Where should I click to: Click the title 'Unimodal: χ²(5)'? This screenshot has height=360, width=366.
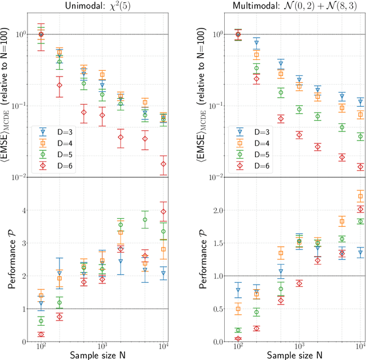click(103, 6)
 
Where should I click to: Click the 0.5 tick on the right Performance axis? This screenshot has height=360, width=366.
click(218, 309)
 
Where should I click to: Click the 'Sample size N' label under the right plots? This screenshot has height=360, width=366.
click(299, 355)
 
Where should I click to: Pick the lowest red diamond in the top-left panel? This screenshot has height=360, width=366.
click(164, 164)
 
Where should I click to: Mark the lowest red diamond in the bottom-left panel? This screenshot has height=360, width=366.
click(41, 334)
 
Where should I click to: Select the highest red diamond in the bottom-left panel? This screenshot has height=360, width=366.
click(164, 212)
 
